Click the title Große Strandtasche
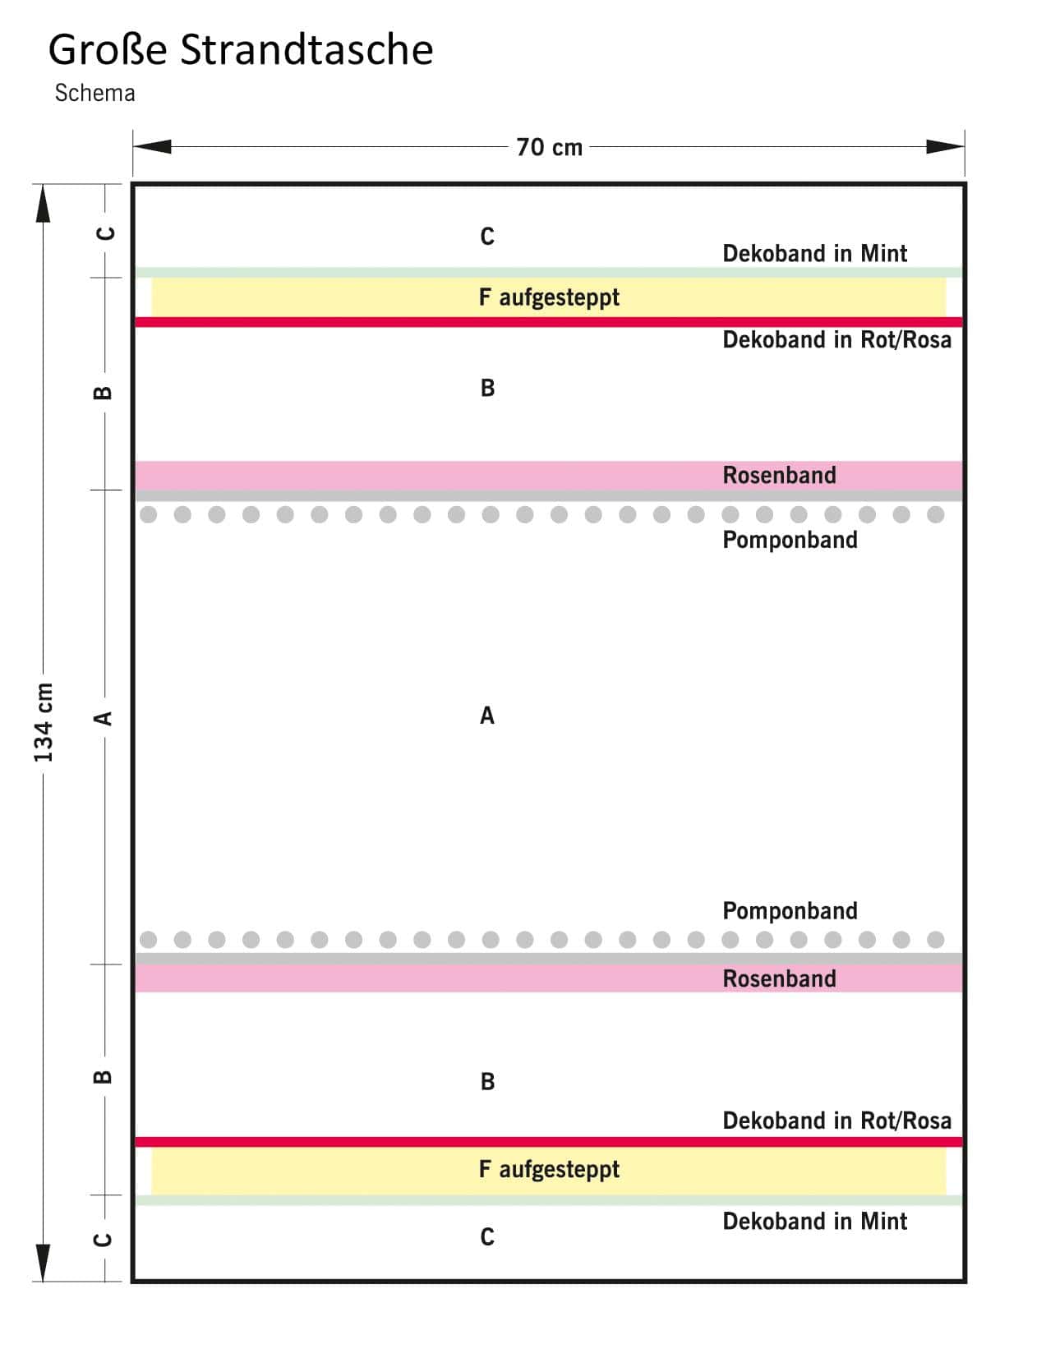click(x=241, y=49)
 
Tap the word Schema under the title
click(x=94, y=93)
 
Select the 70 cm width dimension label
click(x=549, y=147)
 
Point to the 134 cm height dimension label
click(x=43, y=721)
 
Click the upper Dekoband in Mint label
click(x=814, y=253)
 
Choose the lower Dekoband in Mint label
click(x=814, y=1221)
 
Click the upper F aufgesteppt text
click(x=549, y=297)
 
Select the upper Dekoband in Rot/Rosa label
click(x=836, y=339)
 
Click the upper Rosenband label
click(x=779, y=475)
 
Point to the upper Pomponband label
click(x=790, y=540)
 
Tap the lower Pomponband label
click(x=790, y=910)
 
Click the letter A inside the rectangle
click(x=487, y=716)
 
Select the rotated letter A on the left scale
click(x=103, y=718)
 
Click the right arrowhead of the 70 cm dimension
click(x=945, y=147)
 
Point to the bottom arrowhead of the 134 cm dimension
click(x=43, y=1261)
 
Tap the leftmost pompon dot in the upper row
click(x=149, y=514)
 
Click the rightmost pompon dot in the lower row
click(x=935, y=939)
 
